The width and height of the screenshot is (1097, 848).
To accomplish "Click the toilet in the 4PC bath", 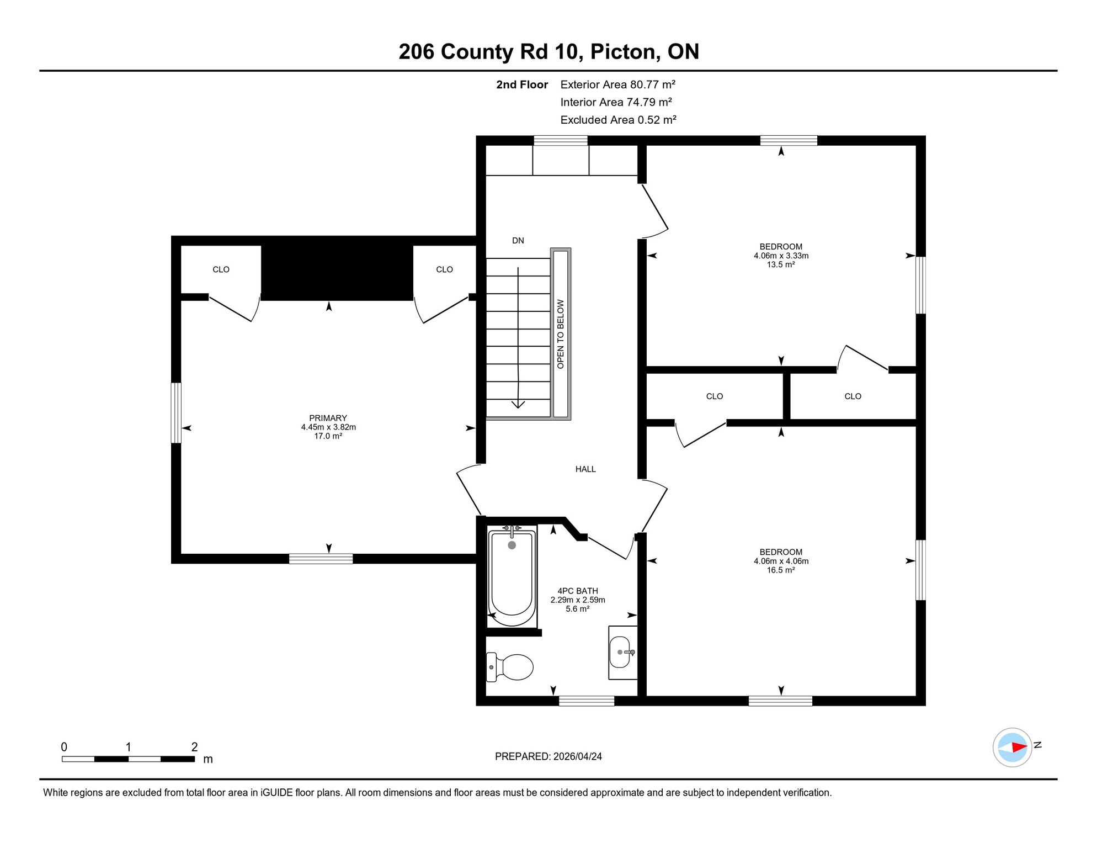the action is pyautogui.click(x=510, y=667).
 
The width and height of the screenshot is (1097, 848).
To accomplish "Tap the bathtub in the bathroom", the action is pyautogui.click(x=512, y=577).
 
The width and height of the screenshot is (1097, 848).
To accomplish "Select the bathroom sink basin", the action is pyautogui.click(x=620, y=652).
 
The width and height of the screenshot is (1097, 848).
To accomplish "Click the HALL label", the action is pyautogui.click(x=585, y=469).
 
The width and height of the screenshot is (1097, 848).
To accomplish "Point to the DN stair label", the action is pyautogui.click(x=518, y=241).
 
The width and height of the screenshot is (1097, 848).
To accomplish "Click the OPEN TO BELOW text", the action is pyautogui.click(x=561, y=334).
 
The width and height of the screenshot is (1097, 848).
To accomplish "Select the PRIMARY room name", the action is pyautogui.click(x=328, y=418).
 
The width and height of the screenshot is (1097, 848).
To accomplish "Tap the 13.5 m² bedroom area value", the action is pyautogui.click(x=781, y=264).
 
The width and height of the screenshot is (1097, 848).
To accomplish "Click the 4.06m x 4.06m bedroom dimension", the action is pyautogui.click(x=781, y=561).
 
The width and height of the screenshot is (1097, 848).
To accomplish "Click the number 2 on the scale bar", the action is pyautogui.click(x=194, y=747).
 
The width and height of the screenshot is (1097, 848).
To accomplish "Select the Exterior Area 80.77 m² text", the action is pyautogui.click(x=617, y=84).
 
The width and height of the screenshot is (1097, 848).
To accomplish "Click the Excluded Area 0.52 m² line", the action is pyautogui.click(x=618, y=120).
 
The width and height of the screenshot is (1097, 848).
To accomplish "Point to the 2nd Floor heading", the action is pyautogui.click(x=521, y=84).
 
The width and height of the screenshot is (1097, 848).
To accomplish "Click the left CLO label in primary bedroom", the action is pyautogui.click(x=221, y=269).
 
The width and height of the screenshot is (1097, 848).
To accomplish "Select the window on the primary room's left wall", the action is pyautogui.click(x=176, y=412).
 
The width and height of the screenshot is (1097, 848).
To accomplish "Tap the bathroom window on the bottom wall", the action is pyautogui.click(x=587, y=701).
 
